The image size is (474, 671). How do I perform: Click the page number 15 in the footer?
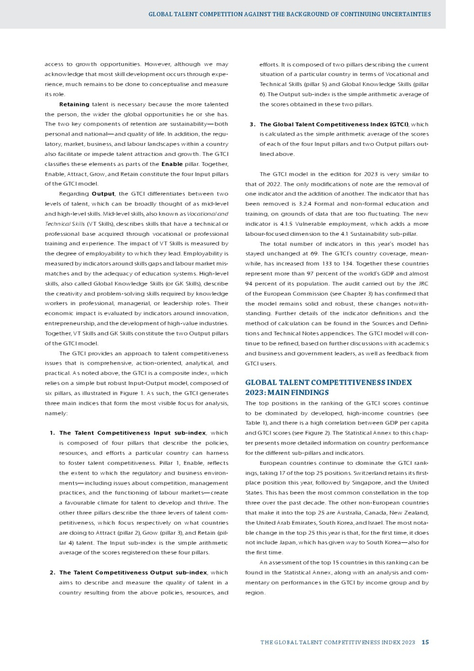425,643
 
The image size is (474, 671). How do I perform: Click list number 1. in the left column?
52,432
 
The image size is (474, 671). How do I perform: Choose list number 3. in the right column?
253,124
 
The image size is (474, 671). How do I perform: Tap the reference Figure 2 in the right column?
347,432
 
